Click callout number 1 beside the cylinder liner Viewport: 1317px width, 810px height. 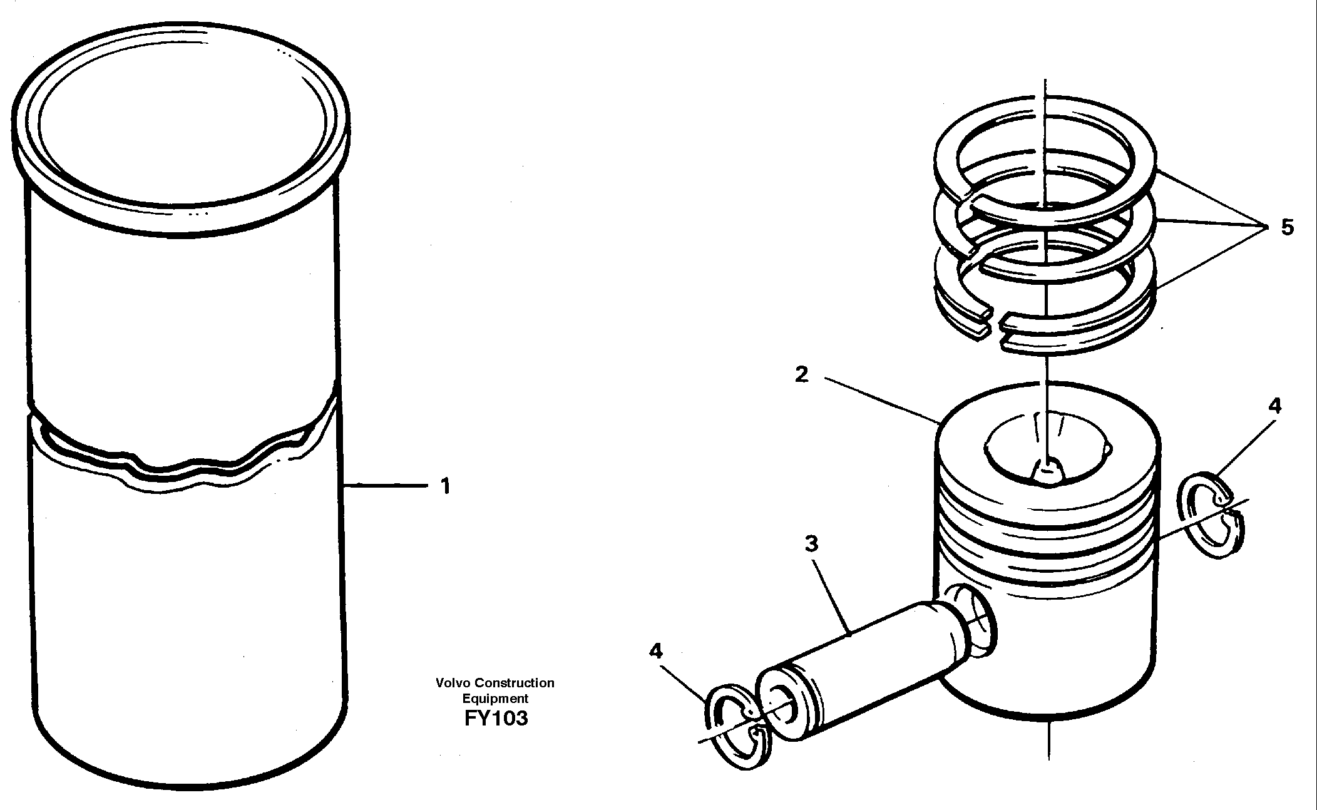[x=445, y=486]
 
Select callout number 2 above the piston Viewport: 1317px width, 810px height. [x=802, y=376]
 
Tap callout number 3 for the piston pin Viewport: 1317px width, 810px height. [x=811, y=544]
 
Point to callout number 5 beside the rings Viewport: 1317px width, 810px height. [x=1287, y=227]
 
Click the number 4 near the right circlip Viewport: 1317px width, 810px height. [x=1274, y=406]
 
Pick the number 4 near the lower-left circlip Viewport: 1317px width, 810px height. [x=655, y=652]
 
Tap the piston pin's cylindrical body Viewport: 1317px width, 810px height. [x=876, y=664]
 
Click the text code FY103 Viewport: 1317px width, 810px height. [x=496, y=718]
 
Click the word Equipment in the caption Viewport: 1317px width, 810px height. [x=495, y=698]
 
